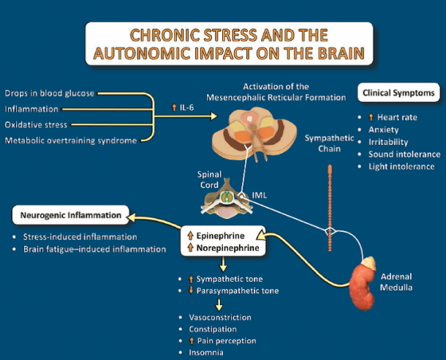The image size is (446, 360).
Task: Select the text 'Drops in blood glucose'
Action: (49, 94)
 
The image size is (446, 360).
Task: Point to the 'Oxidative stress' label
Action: (37, 124)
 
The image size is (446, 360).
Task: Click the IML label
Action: (260, 195)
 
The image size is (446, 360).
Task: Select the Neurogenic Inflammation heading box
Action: (71, 215)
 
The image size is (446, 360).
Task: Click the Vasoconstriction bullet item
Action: (219, 318)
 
